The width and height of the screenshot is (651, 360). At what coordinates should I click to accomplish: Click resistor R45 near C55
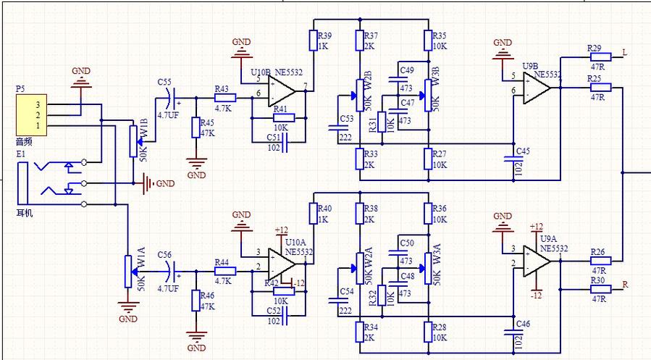pyautogui.click(x=194, y=127)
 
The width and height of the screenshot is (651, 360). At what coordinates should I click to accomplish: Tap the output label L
pyautogui.click(x=624, y=53)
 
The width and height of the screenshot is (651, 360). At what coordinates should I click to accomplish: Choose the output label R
pyautogui.click(x=625, y=285)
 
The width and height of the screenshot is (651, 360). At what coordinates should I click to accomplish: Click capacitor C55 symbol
pyautogui.click(x=171, y=96)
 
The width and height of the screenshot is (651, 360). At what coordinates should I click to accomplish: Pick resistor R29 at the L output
pyautogui.click(x=600, y=57)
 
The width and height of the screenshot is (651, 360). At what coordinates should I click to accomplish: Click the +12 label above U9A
pyautogui.click(x=537, y=227)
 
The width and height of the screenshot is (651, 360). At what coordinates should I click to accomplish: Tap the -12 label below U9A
pyautogui.click(x=536, y=296)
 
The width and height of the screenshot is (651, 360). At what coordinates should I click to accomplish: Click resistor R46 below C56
pyautogui.click(x=194, y=301)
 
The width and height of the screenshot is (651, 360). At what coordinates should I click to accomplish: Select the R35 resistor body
pyautogui.click(x=428, y=41)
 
